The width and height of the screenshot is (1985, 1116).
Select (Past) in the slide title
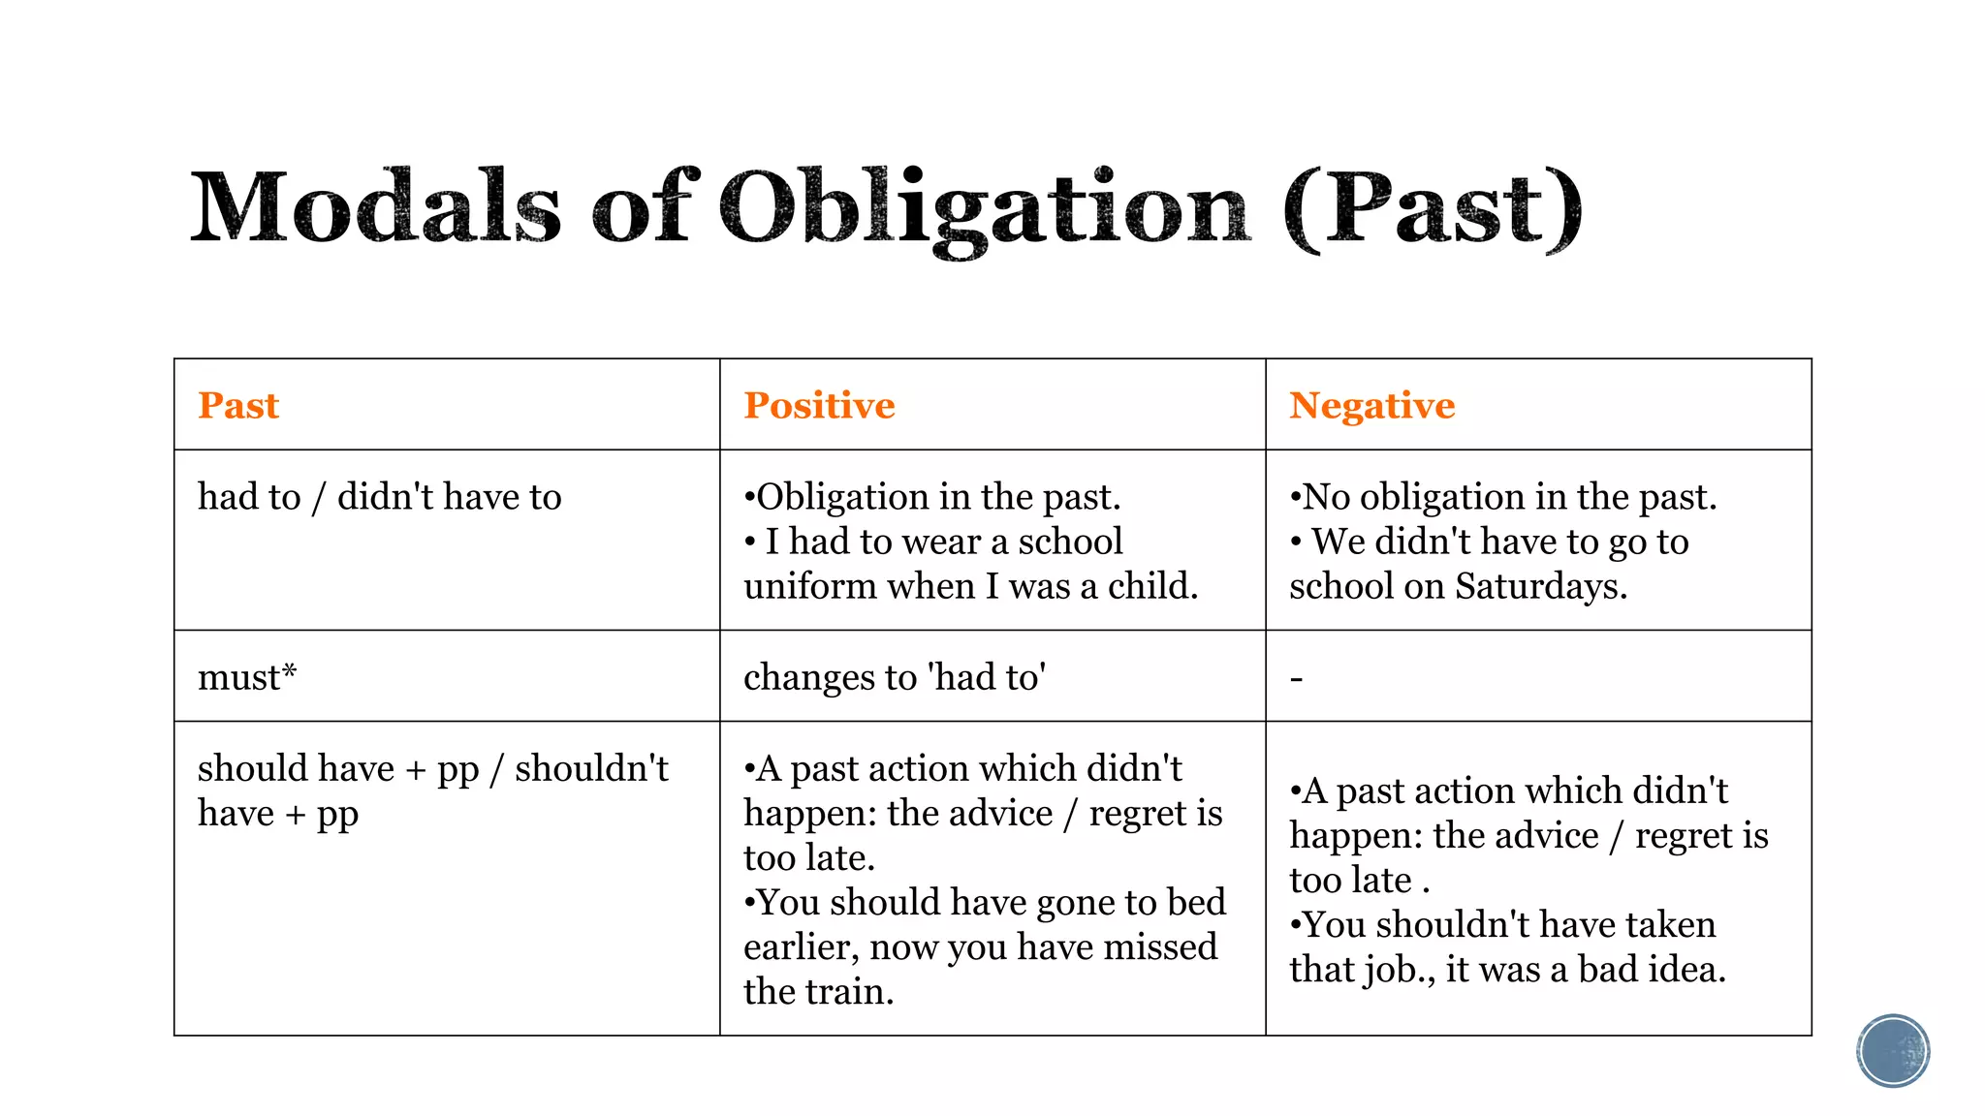(x=1433, y=208)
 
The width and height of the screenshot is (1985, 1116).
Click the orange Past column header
(x=238, y=405)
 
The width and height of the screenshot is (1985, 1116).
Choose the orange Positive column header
(x=819, y=405)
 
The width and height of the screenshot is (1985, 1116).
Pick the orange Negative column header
(x=1371, y=405)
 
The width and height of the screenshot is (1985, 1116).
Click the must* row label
(x=247, y=677)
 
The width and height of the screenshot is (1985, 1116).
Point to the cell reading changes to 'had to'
(x=895, y=677)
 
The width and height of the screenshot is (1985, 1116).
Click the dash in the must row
(x=1297, y=679)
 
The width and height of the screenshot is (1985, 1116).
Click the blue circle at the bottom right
(x=1893, y=1051)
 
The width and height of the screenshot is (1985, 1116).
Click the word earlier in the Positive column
(x=801, y=946)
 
